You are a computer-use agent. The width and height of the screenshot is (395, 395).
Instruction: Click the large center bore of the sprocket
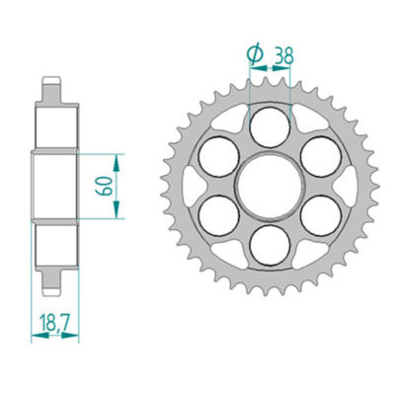tap(269, 184)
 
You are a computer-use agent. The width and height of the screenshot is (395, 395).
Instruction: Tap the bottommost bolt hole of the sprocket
tap(269, 243)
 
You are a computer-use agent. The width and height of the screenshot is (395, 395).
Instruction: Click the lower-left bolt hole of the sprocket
tap(217, 213)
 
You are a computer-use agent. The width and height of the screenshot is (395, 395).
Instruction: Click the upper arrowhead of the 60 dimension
tap(118, 159)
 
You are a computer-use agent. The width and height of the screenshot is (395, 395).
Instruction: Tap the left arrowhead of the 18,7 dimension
tap(37, 336)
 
